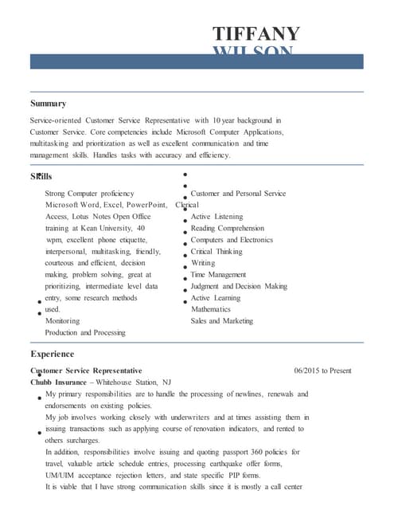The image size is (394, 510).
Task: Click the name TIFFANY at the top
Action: pos(256,33)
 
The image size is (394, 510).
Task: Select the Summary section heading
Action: pos(48,104)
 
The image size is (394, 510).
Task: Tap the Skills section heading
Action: pos(41,176)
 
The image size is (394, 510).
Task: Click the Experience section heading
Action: pos(52,354)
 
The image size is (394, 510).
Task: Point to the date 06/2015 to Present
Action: pos(322,371)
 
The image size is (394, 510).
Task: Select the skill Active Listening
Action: pos(217,217)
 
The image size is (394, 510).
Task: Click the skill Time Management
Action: pos(218,274)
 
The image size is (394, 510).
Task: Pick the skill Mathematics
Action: pos(211,309)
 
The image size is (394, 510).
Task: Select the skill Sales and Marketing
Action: pos(222,321)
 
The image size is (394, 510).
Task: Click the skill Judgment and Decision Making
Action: pos(239,286)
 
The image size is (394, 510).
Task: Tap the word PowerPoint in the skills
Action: pos(144,205)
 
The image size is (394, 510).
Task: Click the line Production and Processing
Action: pos(85,332)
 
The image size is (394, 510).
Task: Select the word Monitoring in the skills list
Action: pos(62,321)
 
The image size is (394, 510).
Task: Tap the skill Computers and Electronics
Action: pos(232,240)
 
